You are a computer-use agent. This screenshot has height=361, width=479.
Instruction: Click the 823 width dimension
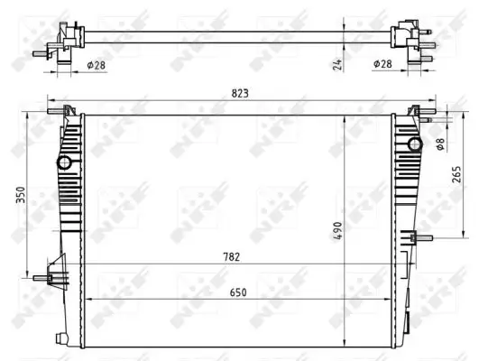tap(239, 94)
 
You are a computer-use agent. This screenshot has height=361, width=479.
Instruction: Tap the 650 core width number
tap(239, 292)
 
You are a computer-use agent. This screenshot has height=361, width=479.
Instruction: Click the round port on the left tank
tap(65, 163)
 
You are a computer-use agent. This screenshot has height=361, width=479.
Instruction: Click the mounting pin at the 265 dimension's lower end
tap(418, 238)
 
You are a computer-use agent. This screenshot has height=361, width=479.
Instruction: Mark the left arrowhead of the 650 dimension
tap(87, 300)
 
